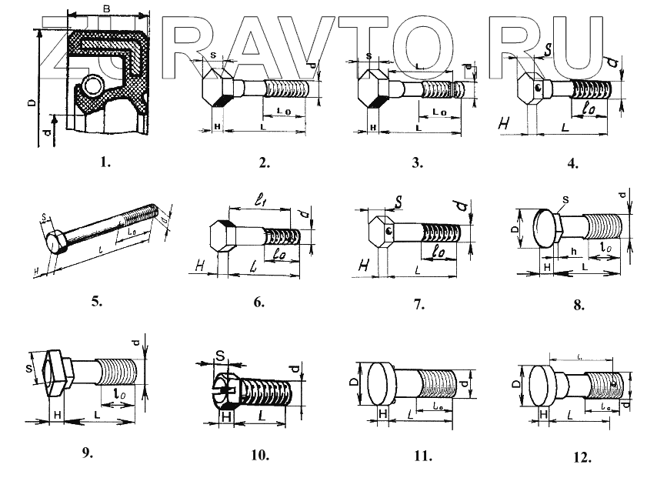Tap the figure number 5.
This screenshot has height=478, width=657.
[96, 301]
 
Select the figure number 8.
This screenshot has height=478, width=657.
[579, 303]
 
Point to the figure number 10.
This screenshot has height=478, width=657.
[259, 455]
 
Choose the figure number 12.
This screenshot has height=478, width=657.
[582, 457]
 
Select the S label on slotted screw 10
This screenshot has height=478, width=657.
[219, 356]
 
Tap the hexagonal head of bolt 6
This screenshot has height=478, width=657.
[221, 235]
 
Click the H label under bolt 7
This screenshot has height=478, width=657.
[362, 266]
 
